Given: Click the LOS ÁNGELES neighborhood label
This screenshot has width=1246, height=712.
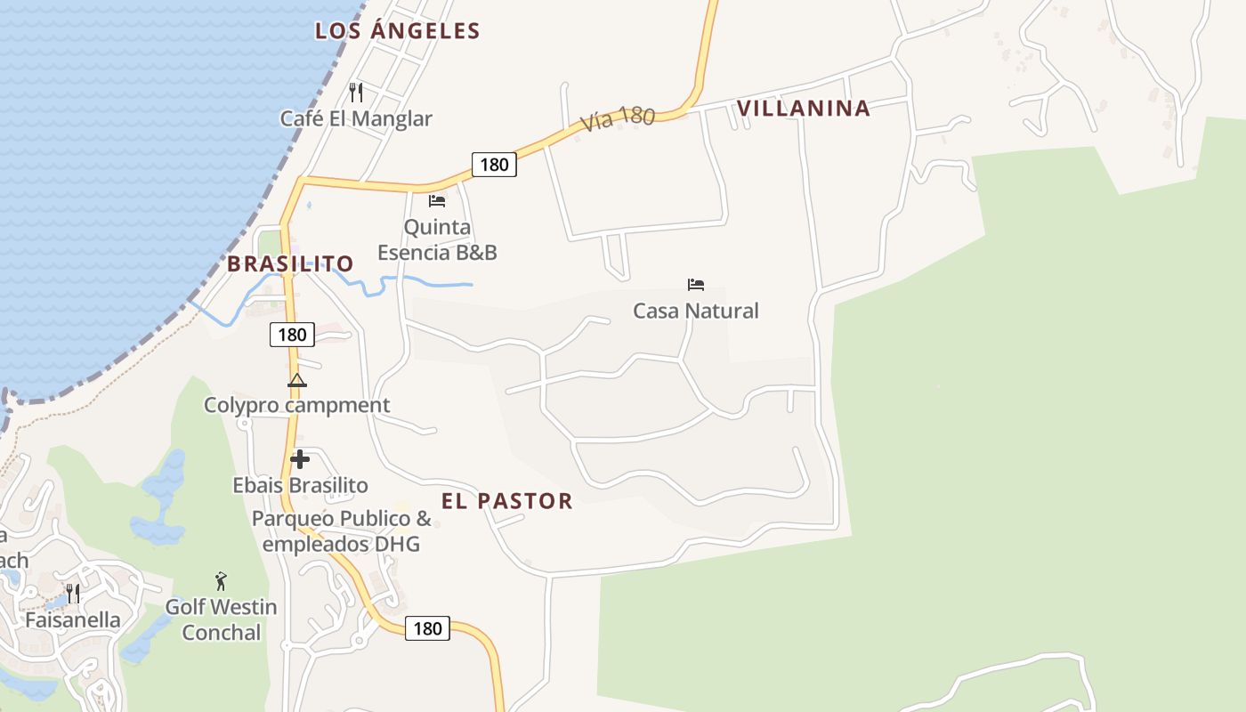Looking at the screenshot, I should (398, 31).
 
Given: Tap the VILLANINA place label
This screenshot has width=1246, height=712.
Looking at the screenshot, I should (803, 109).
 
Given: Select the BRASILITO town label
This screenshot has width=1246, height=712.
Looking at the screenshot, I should (290, 263).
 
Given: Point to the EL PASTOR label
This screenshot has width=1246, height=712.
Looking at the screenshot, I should (507, 501).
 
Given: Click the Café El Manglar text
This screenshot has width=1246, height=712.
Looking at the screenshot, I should (356, 118).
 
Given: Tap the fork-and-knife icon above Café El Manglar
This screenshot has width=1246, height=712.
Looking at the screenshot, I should (356, 92).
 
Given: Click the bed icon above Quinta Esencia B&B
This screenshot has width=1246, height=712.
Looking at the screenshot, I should (437, 200).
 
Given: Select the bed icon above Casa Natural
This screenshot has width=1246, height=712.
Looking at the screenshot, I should (696, 285).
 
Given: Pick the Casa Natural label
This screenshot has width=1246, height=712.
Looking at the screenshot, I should (696, 311).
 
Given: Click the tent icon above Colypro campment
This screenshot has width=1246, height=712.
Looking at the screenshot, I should (297, 381).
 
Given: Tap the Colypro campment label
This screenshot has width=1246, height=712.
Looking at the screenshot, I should (297, 405).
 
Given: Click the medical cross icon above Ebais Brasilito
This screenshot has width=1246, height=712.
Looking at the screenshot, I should (300, 459).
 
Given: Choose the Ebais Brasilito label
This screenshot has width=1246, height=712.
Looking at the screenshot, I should (300, 485).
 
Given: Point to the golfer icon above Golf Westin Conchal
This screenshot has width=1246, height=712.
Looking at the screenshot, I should (221, 581).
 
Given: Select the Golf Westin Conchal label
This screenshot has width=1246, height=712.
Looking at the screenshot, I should (221, 619).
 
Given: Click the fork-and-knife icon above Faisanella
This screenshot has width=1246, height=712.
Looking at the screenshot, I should (73, 593).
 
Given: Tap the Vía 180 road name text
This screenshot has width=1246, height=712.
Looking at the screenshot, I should (618, 119).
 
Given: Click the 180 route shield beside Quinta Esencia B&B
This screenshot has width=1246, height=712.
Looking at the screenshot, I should (494, 164).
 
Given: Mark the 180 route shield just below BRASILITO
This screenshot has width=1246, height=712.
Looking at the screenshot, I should (292, 335).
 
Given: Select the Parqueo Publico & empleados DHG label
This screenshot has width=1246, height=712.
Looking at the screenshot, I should (341, 530).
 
